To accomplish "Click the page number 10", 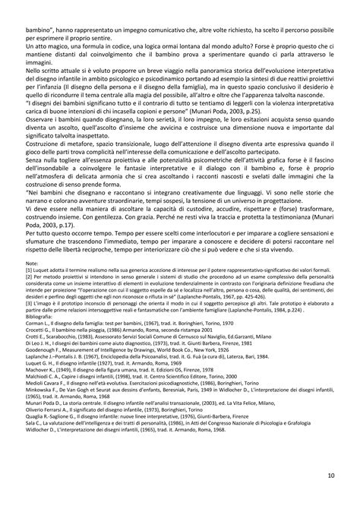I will point(332,475).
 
